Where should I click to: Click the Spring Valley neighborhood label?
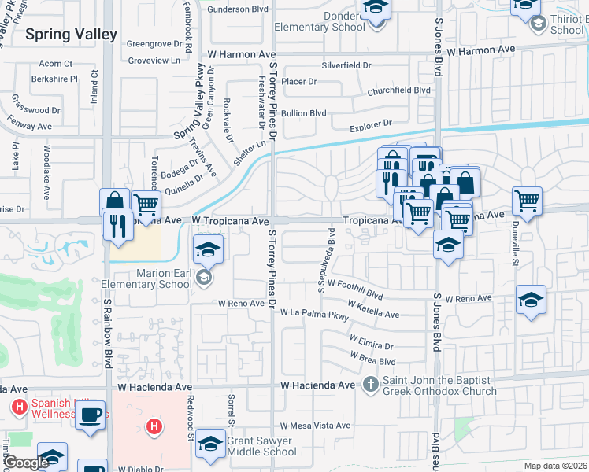click(x=71, y=35)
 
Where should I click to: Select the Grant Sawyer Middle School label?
click(x=261, y=446)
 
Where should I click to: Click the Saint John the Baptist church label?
click(x=439, y=385)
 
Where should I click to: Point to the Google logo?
click(x=27, y=463)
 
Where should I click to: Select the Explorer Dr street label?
click(x=371, y=124)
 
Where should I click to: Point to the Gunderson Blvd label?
click(x=238, y=9)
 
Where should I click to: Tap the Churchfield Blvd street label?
click(x=398, y=90)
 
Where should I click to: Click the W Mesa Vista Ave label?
click(x=314, y=426)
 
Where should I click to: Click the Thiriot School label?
click(x=567, y=24)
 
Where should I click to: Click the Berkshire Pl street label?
click(x=54, y=79)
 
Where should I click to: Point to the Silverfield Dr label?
click(x=346, y=66)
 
